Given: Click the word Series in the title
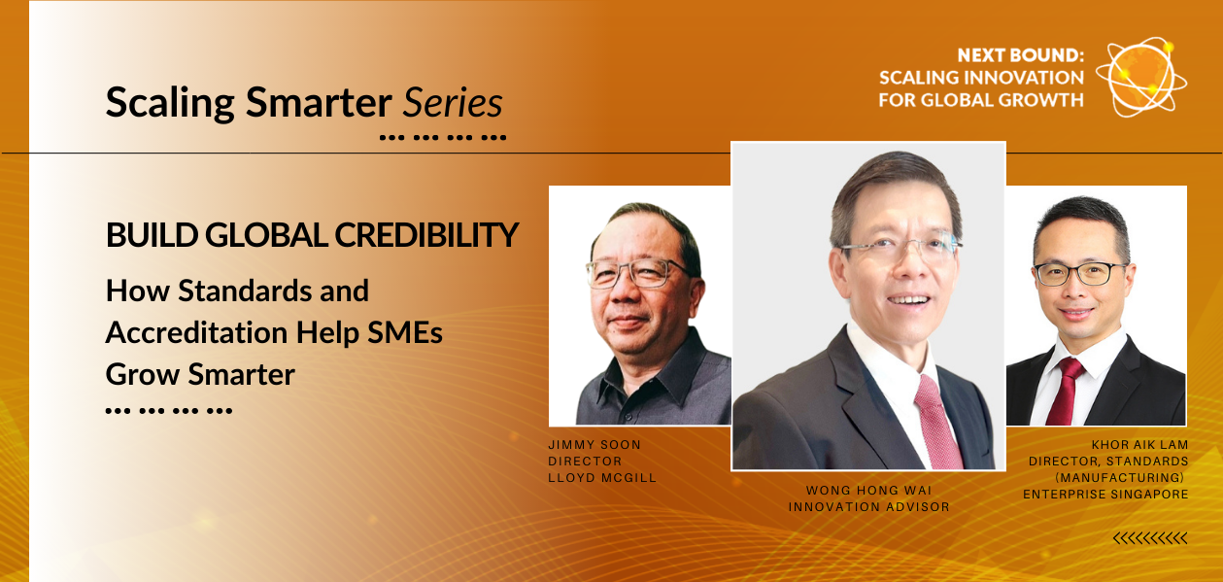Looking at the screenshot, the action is pyautogui.click(x=453, y=102).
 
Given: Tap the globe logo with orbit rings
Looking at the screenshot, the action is pyautogui.click(x=1141, y=77).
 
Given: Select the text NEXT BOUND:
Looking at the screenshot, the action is pyautogui.click(x=1020, y=55).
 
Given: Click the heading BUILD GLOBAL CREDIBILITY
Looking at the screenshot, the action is pyautogui.click(x=312, y=235).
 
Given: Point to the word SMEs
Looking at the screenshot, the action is pyautogui.click(x=404, y=332).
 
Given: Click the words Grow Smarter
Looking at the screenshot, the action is pyautogui.click(x=200, y=374).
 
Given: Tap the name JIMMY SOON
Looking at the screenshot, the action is pyautogui.click(x=595, y=445).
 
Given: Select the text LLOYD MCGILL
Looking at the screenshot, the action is pyautogui.click(x=602, y=478).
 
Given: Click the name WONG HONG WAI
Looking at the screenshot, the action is pyautogui.click(x=868, y=491).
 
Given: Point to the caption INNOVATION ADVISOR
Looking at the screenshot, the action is pyautogui.click(x=868, y=507).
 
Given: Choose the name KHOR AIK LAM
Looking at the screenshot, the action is pyautogui.click(x=1140, y=445).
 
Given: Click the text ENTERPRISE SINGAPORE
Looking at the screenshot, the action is pyautogui.click(x=1105, y=495).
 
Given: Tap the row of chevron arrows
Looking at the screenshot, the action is pyautogui.click(x=1150, y=539).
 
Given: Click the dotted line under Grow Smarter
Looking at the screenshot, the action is pyautogui.click(x=169, y=411).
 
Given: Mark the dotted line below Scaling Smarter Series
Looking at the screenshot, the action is pyautogui.click(x=443, y=138).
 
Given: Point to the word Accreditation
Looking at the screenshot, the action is pyautogui.click(x=196, y=332).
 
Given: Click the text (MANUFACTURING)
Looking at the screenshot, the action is pyautogui.click(x=1119, y=478).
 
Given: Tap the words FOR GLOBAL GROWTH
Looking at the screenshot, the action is pyautogui.click(x=981, y=100).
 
